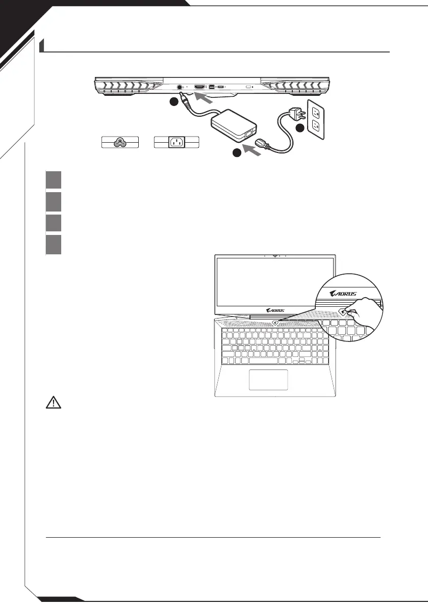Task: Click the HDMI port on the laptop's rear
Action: tap(199, 87)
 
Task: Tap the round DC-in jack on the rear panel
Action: tap(179, 87)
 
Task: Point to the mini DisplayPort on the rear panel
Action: tap(211, 87)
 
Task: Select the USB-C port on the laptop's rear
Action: tap(221, 87)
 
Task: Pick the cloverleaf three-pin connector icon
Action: tap(120, 143)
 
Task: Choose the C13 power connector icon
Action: tap(177, 143)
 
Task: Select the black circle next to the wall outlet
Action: tap(300, 128)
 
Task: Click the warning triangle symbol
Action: tap(53, 403)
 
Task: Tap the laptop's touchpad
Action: tap(268, 380)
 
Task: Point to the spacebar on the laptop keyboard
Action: tap(260, 361)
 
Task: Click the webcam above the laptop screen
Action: tap(275, 255)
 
